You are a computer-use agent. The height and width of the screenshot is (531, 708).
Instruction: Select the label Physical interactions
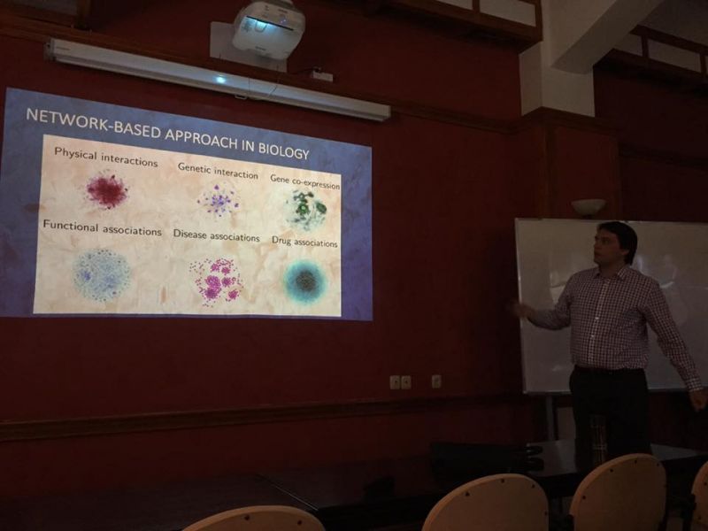pos(105,157)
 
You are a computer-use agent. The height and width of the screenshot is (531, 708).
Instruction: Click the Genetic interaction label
pos(218,171)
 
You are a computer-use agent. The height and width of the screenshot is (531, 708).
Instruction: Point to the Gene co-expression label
pos(304,181)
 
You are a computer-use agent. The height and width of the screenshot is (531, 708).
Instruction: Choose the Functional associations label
pos(102,227)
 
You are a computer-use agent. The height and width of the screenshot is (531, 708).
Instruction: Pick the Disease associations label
pos(216,235)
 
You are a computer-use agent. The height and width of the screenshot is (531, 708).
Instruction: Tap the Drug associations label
pos(304,242)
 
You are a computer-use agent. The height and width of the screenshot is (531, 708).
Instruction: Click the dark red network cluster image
pos(107,190)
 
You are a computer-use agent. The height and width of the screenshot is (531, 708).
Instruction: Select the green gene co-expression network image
pos(306,209)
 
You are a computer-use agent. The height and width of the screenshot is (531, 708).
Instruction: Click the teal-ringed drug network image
pos(305,281)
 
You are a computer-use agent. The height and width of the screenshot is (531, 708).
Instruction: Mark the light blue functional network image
pos(102,274)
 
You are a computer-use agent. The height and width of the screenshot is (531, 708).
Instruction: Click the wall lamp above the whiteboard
pos(589,207)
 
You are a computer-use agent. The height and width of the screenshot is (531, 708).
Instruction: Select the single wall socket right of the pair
pos(436,381)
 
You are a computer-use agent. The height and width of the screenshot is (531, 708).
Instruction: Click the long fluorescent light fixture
pos(218,79)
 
